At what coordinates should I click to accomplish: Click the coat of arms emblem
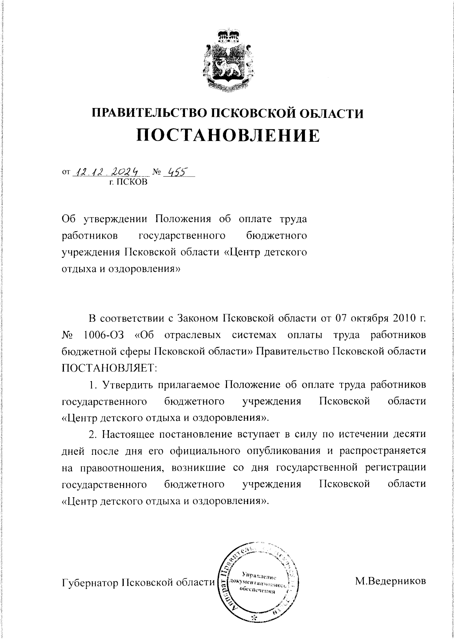[x=227, y=61]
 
